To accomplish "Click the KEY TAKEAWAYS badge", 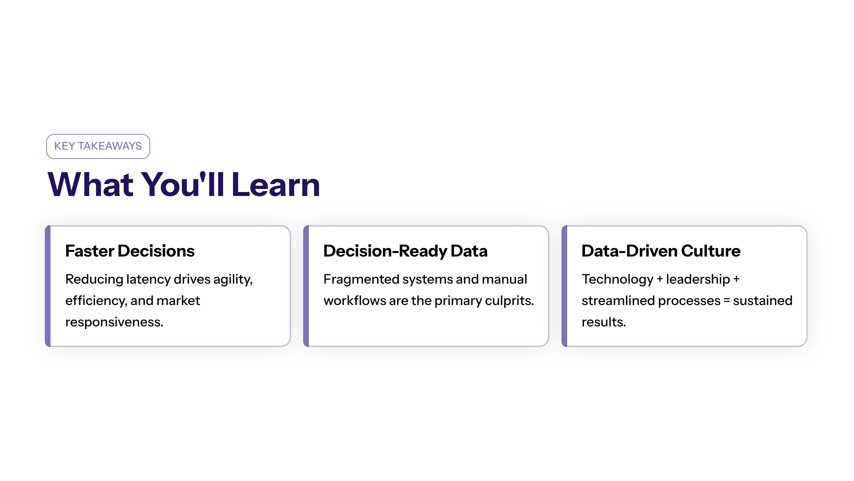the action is pos(98,146).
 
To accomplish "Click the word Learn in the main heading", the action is pos(276,184).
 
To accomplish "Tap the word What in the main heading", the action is pos(91,184).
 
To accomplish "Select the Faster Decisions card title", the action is pos(130,251).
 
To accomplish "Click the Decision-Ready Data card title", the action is pos(405,251).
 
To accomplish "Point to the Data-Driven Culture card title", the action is pos(661,251).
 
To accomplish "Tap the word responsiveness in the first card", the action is pos(114,322).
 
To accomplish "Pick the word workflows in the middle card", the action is pos(355,301).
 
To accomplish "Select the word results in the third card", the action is pos(603,322).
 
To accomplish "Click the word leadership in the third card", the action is pos(698,279).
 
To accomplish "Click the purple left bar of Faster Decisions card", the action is pos(48,286).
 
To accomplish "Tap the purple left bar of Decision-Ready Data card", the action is pos(306,286).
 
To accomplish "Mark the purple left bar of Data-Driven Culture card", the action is pos(564,286).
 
